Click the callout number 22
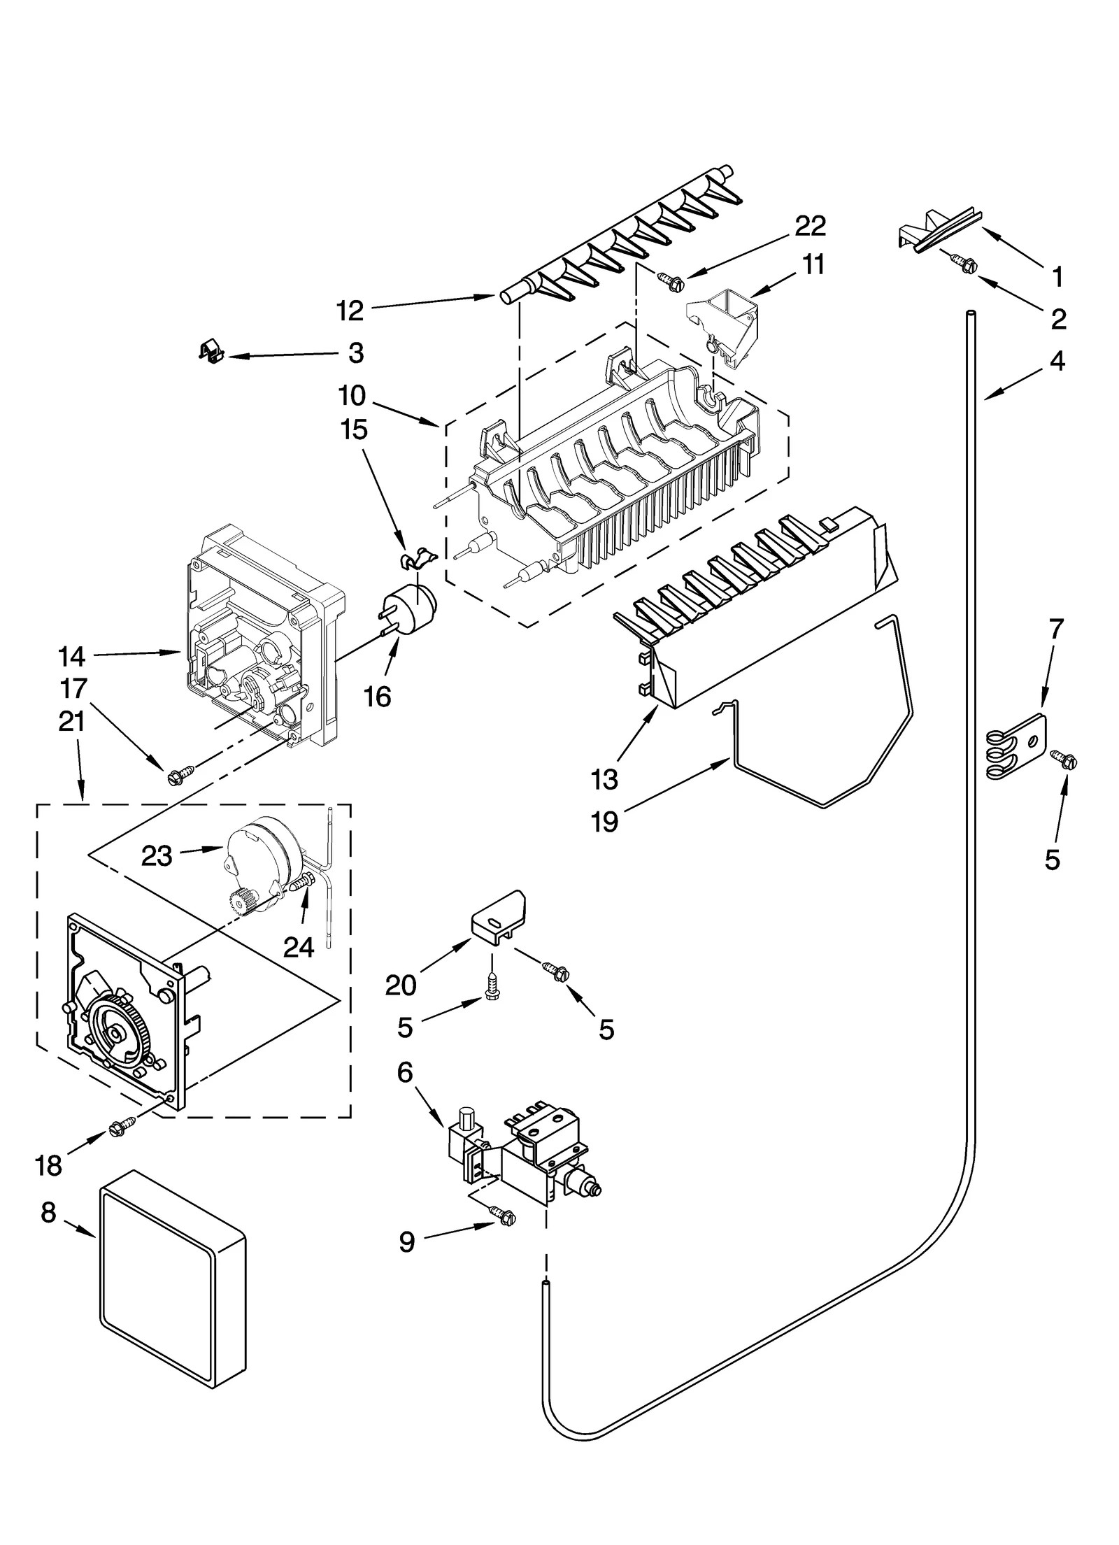810,226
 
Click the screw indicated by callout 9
504,1218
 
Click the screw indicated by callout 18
117,1127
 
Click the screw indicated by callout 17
175,775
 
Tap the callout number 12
350,311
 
